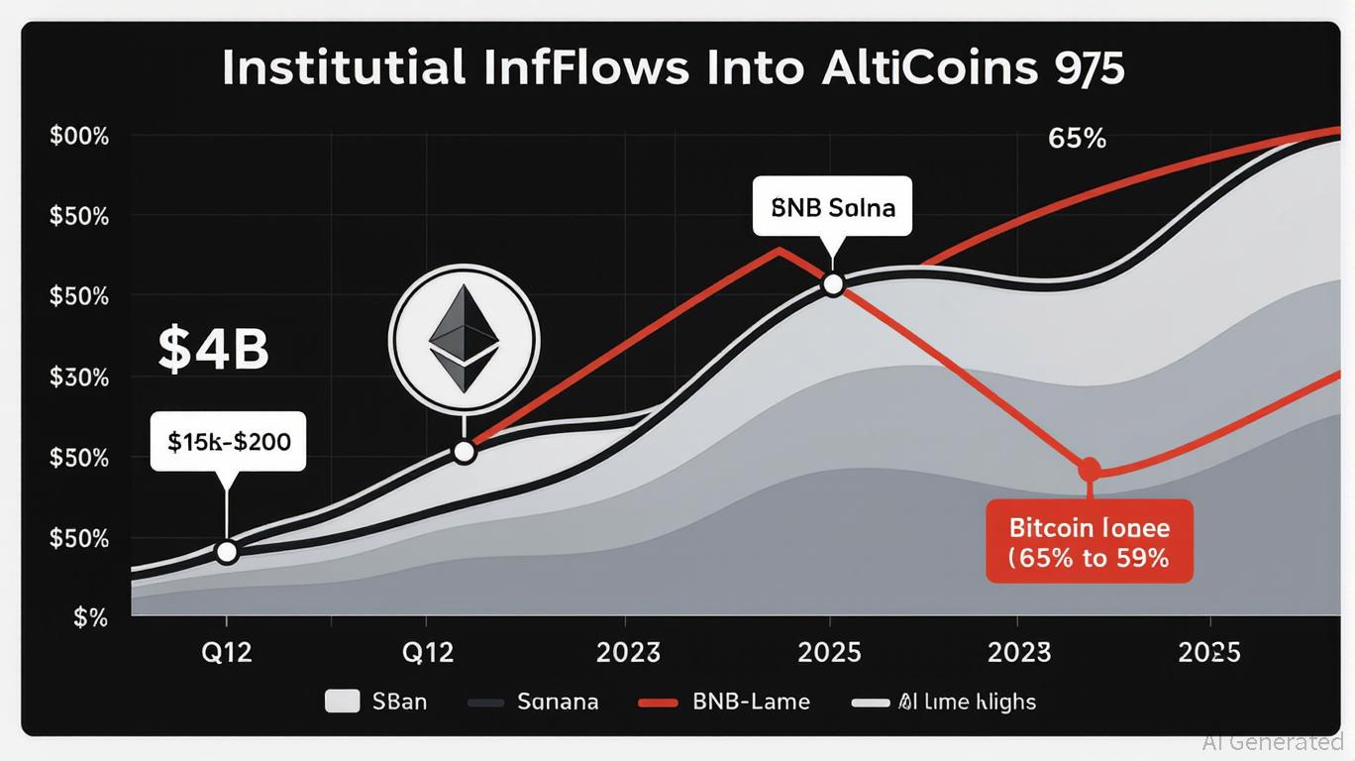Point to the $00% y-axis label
coord(78,136)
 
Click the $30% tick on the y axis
coord(78,378)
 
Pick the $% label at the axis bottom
coord(90,617)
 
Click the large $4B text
coord(213,351)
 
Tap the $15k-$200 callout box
coord(229,441)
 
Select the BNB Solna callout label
coord(832,208)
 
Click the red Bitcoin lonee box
coord(1090,541)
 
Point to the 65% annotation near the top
coord(1077,139)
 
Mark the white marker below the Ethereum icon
coord(464,452)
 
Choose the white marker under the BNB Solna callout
coord(833,284)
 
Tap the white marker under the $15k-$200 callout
coord(227,552)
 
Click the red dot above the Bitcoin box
coord(1090,468)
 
